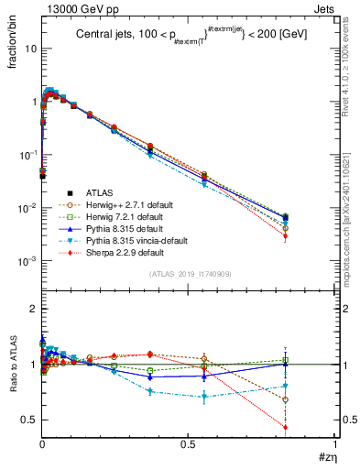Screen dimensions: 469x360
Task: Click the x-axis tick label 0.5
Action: point(188,445)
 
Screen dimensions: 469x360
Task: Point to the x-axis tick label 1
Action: point(334,445)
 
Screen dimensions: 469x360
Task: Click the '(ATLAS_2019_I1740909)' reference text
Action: point(188,275)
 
